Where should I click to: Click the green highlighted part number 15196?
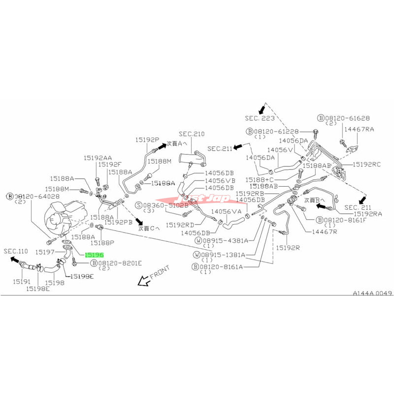pos(94,255)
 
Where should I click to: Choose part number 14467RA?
pos(359,129)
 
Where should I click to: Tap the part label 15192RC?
pos(367,164)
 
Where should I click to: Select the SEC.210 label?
pos(192,133)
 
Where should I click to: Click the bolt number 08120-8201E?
pos(122,264)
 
